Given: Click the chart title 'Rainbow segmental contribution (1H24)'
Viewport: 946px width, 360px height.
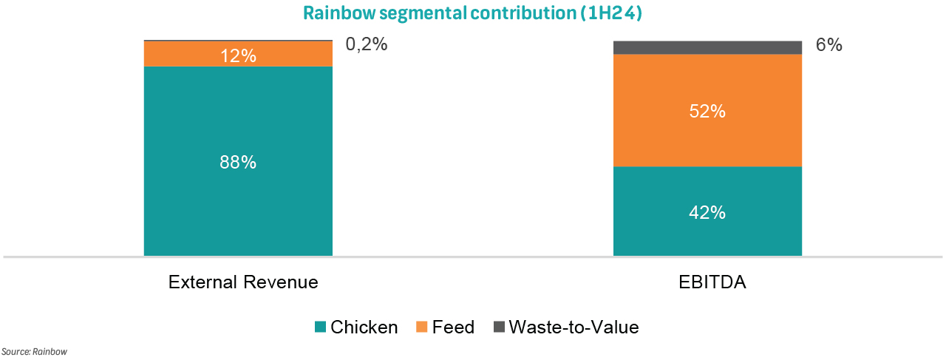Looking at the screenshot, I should click(472, 13).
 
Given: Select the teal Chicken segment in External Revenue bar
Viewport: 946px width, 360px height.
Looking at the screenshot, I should click(238, 192).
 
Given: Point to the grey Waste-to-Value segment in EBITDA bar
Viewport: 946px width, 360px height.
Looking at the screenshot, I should click(707, 47).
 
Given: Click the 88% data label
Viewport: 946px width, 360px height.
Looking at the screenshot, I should click(238, 163).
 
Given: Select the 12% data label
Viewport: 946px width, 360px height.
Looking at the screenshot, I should click(238, 55).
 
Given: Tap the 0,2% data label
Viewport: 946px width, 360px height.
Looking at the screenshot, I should click(366, 44).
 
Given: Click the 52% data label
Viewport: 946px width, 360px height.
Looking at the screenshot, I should click(707, 112).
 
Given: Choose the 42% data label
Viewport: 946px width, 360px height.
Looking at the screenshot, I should click(707, 212).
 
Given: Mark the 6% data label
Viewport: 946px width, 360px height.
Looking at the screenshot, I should click(828, 45).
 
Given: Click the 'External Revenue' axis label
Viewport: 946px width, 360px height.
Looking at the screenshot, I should click(243, 282).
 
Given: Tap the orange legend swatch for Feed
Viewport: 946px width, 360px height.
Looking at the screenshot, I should click(421, 327).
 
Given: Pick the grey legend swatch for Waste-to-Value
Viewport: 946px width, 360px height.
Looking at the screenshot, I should click(498, 327).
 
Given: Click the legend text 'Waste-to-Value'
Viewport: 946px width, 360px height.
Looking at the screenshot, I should click(574, 327).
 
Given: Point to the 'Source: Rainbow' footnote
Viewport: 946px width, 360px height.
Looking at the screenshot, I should click(34, 352).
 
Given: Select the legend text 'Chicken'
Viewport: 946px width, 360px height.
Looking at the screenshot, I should click(364, 327).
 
